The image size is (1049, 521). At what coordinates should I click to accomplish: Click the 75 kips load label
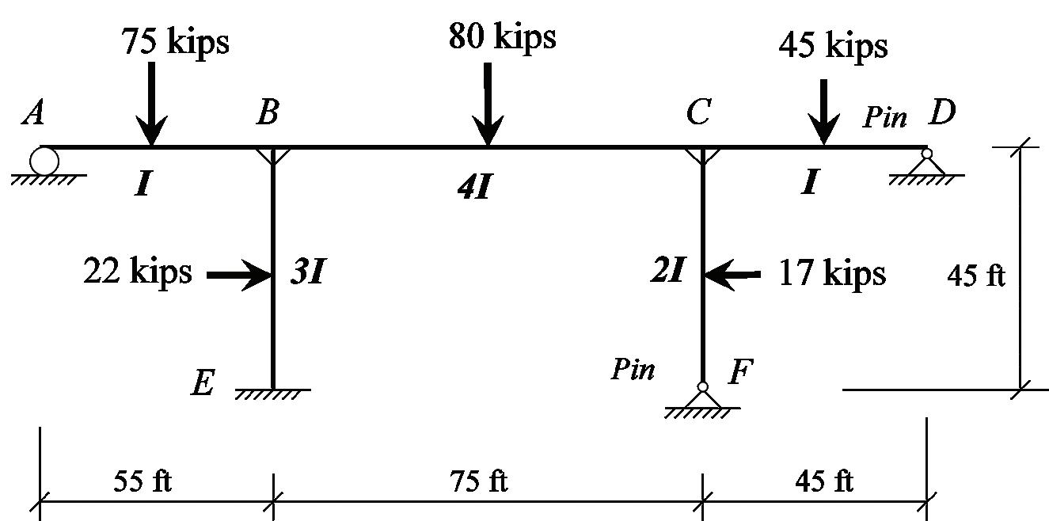tap(175, 41)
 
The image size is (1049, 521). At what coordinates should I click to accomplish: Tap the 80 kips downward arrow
tap(488, 103)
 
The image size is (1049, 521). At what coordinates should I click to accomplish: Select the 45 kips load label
tap(833, 46)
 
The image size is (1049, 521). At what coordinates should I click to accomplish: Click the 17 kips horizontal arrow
tap(732, 275)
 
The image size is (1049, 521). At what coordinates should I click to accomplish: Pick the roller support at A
tap(44, 162)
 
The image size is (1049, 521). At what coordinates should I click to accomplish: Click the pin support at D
tap(926, 164)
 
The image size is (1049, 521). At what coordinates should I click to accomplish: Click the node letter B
tap(268, 114)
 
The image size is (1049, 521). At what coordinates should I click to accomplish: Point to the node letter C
tap(697, 114)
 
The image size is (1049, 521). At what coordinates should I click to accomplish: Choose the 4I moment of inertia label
tap(475, 188)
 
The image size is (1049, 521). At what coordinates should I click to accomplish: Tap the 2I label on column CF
tap(667, 272)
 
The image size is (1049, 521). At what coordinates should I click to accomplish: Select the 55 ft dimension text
tap(143, 481)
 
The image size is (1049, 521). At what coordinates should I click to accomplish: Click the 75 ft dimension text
tap(478, 481)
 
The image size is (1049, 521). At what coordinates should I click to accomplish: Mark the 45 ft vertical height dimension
tap(976, 276)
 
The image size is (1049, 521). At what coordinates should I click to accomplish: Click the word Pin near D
tap(884, 118)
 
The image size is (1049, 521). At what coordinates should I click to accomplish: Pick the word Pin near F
tap(633, 369)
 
